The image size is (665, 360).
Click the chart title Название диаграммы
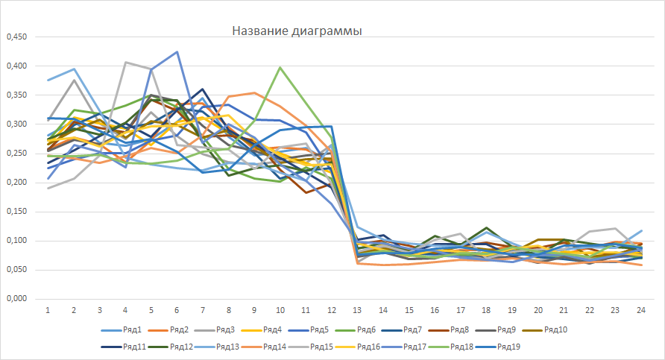click(297, 31)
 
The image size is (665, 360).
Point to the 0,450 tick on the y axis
click(16, 37)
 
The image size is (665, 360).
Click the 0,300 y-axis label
click(16, 124)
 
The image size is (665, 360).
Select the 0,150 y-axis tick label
click(16, 211)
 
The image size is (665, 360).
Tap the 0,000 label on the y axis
click(16, 298)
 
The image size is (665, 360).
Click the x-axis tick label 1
click(48, 309)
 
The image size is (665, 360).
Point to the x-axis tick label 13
click(357, 309)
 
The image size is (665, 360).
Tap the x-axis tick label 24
click(640, 309)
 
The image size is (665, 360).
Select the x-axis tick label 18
click(486, 309)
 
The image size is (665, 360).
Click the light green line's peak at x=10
click(280, 68)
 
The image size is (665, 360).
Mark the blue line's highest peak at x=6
click(177, 52)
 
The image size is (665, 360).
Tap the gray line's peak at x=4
click(125, 63)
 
